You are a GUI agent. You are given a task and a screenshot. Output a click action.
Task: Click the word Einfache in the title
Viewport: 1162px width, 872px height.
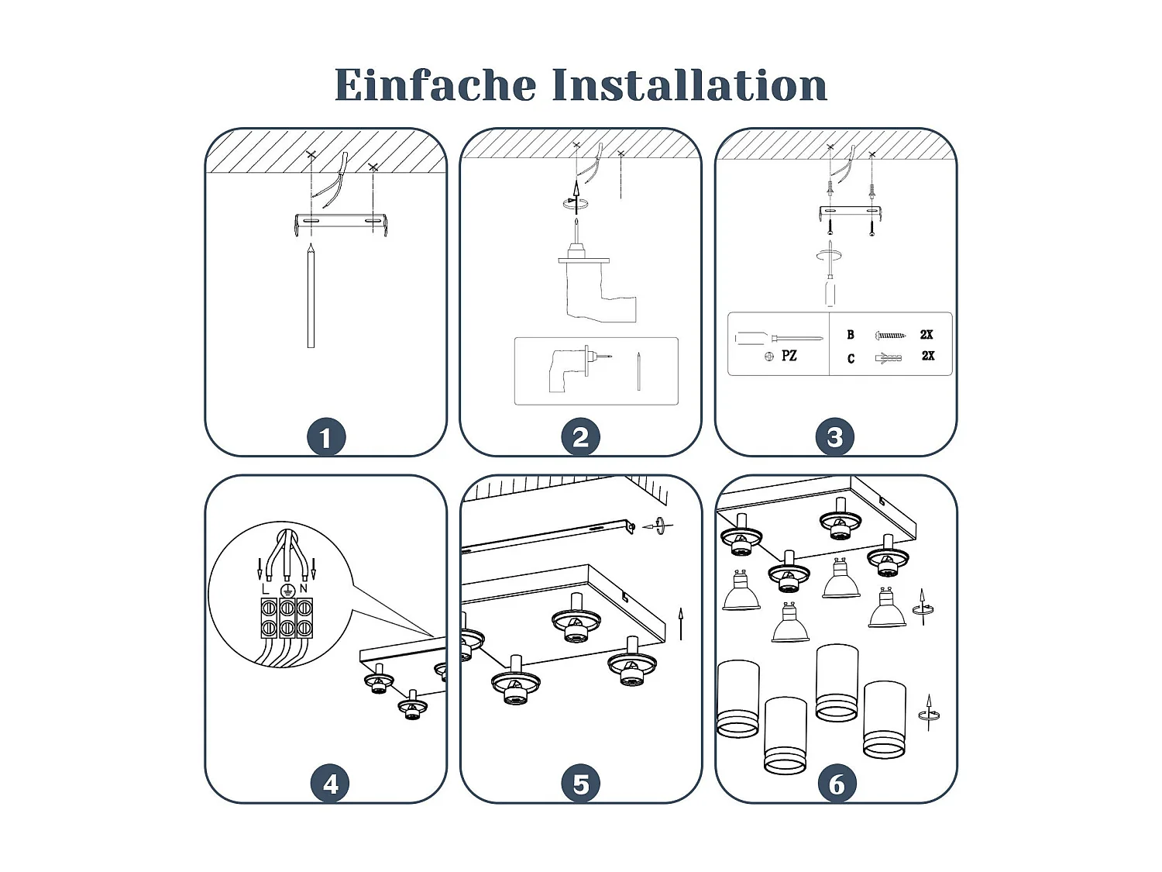[435, 84]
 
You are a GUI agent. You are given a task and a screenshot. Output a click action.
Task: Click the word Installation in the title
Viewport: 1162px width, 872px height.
[689, 84]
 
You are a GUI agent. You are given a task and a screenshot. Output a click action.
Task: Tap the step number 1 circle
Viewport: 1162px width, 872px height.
[325, 437]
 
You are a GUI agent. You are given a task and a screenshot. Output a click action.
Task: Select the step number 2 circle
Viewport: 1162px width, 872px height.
[580, 437]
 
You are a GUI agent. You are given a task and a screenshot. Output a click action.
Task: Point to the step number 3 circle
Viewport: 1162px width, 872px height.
[834, 437]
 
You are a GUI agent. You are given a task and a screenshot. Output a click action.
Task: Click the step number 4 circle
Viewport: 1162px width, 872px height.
[330, 784]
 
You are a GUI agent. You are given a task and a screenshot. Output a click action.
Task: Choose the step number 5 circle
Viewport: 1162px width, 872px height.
[580, 784]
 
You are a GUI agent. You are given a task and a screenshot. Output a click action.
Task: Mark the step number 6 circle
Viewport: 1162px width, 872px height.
[837, 784]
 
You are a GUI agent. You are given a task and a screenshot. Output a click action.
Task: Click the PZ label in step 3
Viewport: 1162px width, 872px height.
[789, 356]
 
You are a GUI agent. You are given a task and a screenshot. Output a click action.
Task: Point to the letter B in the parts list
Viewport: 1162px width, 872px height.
[851, 335]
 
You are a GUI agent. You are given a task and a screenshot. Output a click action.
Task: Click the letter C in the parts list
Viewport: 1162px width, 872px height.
[851, 358]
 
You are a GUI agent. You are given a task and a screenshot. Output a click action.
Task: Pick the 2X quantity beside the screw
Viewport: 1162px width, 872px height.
[927, 335]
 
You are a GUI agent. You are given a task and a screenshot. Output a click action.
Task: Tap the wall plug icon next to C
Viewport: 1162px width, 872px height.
[888, 358]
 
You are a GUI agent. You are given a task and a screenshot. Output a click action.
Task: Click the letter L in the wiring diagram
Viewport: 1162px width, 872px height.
[266, 589]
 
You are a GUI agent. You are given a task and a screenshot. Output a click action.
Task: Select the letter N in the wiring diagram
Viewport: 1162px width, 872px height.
[304, 588]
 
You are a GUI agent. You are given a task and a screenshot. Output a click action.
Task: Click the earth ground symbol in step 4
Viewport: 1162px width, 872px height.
[286, 590]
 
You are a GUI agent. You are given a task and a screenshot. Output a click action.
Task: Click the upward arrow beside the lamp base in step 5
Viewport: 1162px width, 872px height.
[681, 623]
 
